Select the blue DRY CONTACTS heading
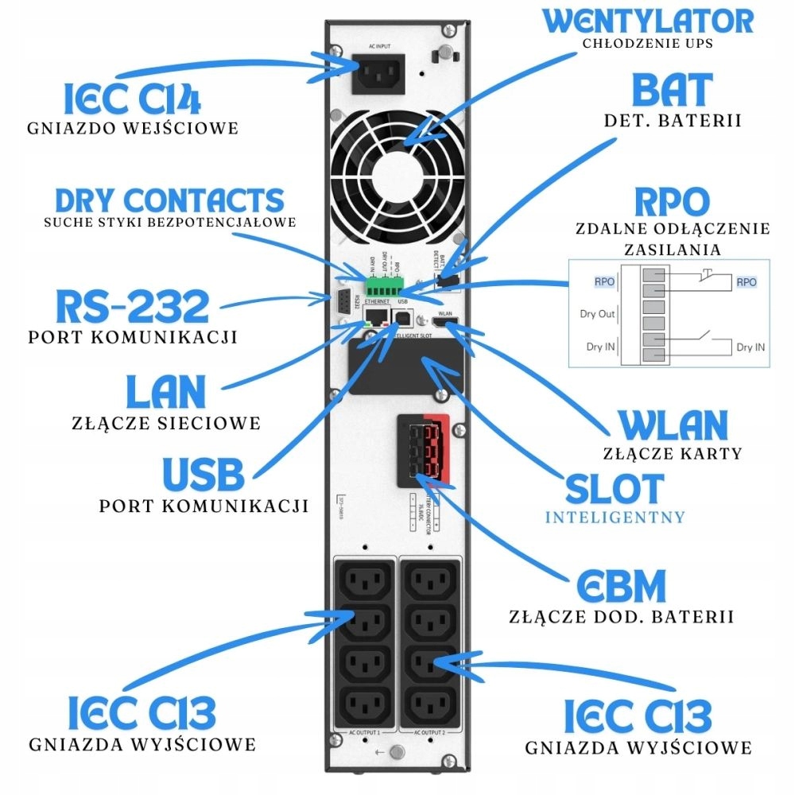pyautogui.click(x=169, y=200)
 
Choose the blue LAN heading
pyautogui.click(x=165, y=392)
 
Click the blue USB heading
pyautogui.click(x=203, y=475)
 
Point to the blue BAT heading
pyautogui.click(x=672, y=91)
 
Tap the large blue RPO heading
pyautogui.click(x=673, y=202)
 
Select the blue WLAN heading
pyautogui.click(x=673, y=426)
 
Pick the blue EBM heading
pyautogui.click(x=621, y=588)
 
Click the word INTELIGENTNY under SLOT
pyautogui.click(x=615, y=518)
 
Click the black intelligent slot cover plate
pyautogui.click(x=405, y=366)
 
